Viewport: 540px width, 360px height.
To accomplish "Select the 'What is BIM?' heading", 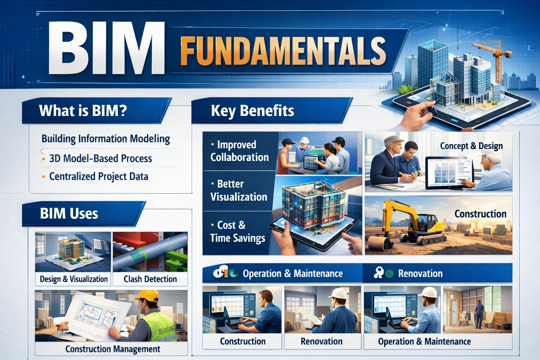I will (x=83, y=111).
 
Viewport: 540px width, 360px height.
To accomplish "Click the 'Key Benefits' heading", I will (x=252, y=111).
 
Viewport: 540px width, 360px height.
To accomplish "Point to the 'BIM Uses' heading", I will (x=69, y=213).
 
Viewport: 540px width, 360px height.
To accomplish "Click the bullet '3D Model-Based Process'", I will (x=101, y=159).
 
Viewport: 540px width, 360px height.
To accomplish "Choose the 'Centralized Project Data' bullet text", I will (x=99, y=176).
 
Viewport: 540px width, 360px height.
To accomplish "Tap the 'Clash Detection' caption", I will (x=150, y=279).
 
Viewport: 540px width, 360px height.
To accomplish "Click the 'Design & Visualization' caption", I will (x=74, y=279).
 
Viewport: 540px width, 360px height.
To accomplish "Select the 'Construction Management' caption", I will (x=113, y=349).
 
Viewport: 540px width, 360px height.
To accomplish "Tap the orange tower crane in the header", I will (x=496, y=56).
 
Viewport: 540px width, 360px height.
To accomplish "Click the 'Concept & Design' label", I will (x=471, y=146).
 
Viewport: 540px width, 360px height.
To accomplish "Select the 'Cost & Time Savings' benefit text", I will (x=238, y=232).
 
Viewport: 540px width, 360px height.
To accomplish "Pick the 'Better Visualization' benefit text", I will (x=239, y=191).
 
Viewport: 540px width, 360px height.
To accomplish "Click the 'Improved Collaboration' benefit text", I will (x=239, y=151).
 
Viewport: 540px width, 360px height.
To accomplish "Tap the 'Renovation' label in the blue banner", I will (x=420, y=274).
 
